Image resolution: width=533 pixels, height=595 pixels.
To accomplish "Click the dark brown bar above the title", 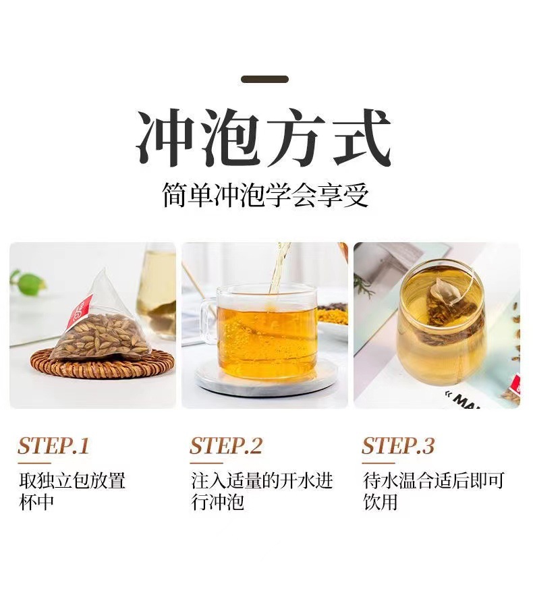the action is click(264, 80).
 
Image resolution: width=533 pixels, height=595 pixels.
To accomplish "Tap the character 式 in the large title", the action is click(362, 138).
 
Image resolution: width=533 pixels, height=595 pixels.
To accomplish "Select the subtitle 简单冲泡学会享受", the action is click(265, 196).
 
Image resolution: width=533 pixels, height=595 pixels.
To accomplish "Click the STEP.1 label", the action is click(53, 446).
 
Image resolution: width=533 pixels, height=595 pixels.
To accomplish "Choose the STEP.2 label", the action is click(226, 446).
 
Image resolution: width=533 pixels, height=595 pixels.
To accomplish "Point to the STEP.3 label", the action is click(398, 446).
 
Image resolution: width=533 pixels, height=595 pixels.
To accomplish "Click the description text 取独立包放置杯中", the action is click(72, 491).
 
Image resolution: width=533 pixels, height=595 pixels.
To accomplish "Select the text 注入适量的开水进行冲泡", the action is click(262, 491).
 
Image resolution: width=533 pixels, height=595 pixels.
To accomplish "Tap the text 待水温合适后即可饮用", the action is click(433, 491).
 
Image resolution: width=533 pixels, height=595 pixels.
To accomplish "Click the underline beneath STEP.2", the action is click(206, 463).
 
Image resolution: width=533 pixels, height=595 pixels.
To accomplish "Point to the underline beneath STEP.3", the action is click(378, 463).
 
